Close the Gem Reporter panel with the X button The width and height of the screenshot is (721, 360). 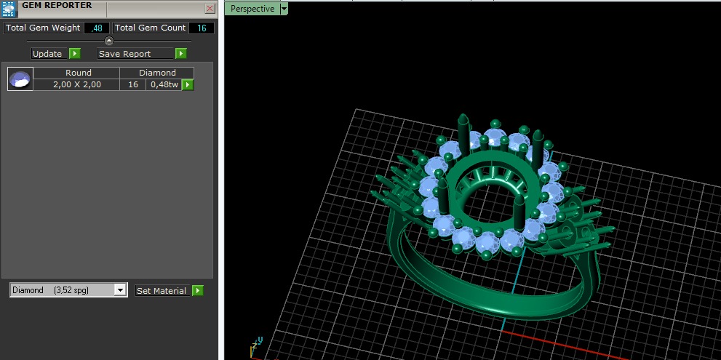(x=210, y=9)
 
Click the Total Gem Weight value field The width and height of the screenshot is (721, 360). (x=97, y=28)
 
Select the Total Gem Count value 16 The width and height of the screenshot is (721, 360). (x=202, y=28)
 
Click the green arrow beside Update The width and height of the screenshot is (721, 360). (x=74, y=54)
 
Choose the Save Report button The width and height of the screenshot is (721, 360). (x=135, y=54)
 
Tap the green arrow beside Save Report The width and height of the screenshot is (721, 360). (x=180, y=54)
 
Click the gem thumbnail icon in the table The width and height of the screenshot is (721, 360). (x=20, y=79)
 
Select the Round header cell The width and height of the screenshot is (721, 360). (x=78, y=73)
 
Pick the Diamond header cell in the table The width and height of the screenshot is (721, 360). (x=157, y=73)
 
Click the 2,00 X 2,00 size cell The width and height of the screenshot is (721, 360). (x=77, y=84)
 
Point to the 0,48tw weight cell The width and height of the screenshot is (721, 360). (x=164, y=84)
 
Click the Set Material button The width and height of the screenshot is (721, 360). (x=162, y=291)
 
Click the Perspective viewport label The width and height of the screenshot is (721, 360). (x=252, y=9)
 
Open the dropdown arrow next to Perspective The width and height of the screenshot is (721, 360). (x=284, y=9)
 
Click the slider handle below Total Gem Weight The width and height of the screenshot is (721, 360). (x=109, y=41)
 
